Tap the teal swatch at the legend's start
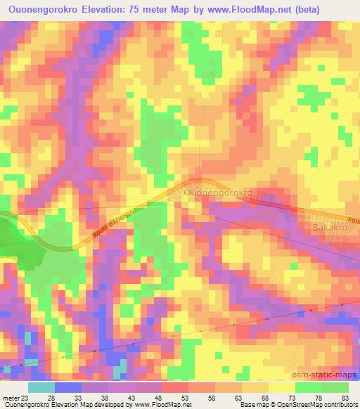[41, 387]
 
